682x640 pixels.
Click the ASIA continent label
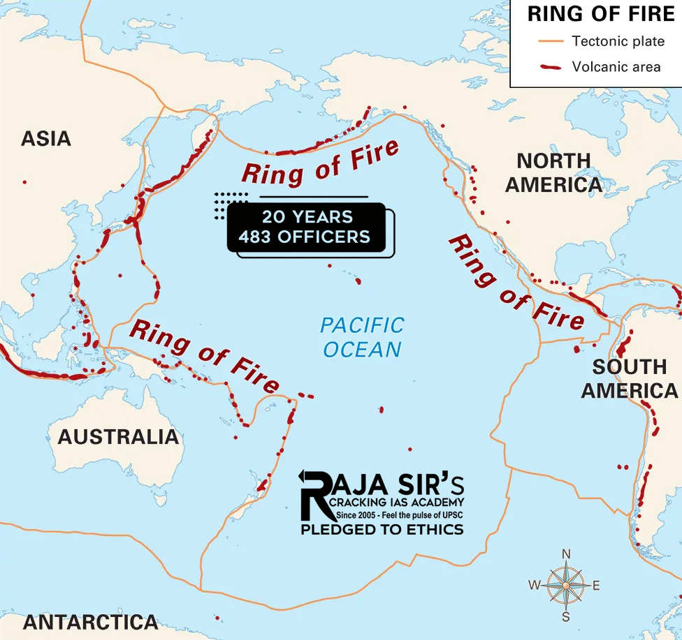pyautogui.click(x=46, y=138)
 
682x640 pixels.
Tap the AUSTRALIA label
pyautogui.click(x=118, y=437)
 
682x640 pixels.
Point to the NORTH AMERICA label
pyautogui.click(x=553, y=172)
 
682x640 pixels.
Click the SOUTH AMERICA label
pyautogui.click(x=629, y=378)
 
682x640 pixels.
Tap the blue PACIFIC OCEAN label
pyautogui.click(x=362, y=337)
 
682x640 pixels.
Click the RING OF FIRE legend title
pyautogui.click(x=600, y=14)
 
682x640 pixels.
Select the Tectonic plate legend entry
pyautogui.click(x=618, y=41)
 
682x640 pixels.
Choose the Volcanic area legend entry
pyautogui.click(x=616, y=67)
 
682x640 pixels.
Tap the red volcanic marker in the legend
pyautogui.click(x=550, y=68)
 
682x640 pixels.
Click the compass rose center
pyautogui.click(x=566, y=585)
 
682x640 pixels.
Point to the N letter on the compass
pyautogui.click(x=567, y=554)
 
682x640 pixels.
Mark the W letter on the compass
pyautogui.click(x=535, y=586)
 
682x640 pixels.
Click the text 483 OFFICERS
pyautogui.click(x=304, y=237)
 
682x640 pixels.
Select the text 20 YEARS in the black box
pyautogui.click(x=307, y=216)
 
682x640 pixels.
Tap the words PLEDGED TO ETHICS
pyautogui.click(x=382, y=530)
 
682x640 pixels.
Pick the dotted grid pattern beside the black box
pyautogui.click(x=231, y=202)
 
